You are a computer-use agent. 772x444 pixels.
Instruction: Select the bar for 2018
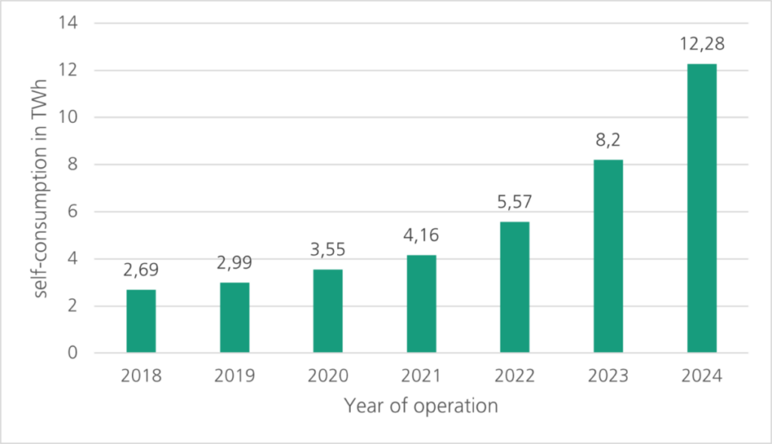[x=141, y=321]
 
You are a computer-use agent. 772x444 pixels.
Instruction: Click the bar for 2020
[x=328, y=311]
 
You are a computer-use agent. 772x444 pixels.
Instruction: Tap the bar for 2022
[x=514, y=287]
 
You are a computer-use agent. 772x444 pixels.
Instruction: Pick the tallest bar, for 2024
[x=701, y=208]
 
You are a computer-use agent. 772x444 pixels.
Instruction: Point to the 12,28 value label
[x=701, y=44]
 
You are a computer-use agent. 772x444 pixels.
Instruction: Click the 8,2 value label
[x=608, y=140]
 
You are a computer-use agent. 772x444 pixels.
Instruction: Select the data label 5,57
[x=514, y=202]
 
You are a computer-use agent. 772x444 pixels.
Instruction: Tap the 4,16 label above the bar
[x=421, y=236]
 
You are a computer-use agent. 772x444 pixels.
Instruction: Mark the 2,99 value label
[x=234, y=263]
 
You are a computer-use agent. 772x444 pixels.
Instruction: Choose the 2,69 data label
[x=141, y=270]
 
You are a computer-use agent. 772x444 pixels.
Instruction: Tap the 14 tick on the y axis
[x=73, y=23]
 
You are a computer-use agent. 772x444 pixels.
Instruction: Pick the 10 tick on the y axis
[x=73, y=118]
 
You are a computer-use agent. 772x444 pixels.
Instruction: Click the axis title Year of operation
[x=421, y=406]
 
